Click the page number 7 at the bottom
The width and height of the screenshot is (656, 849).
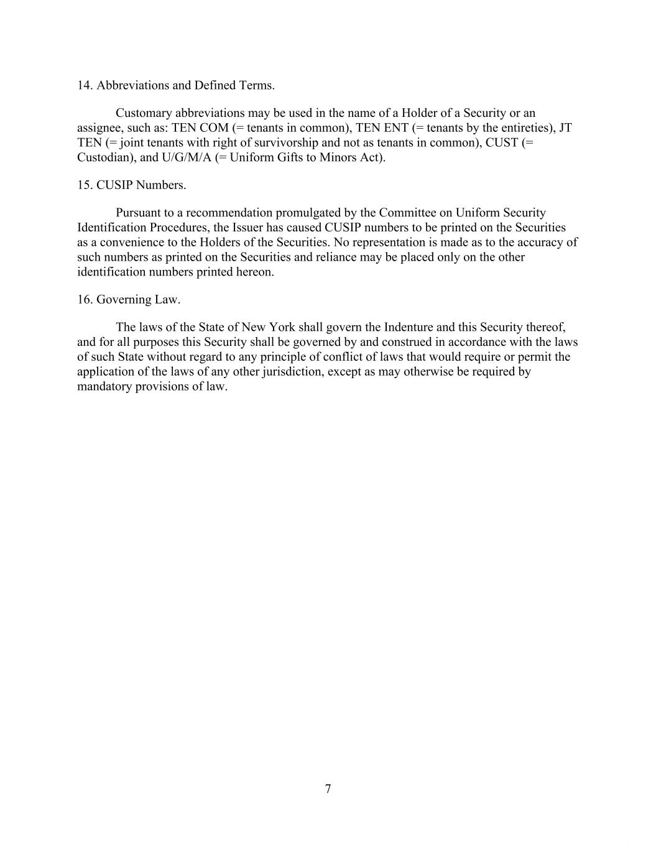click(328, 789)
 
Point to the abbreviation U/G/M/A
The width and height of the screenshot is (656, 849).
click(187, 157)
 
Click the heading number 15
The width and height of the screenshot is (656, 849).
click(85, 185)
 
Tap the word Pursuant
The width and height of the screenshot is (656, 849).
click(138, 213)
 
